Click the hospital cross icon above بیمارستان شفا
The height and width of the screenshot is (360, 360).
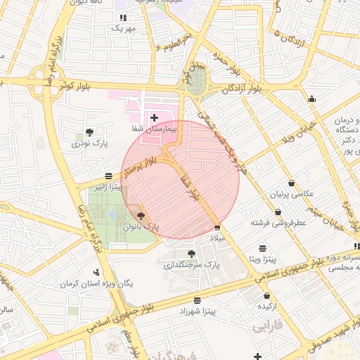pos(154,116)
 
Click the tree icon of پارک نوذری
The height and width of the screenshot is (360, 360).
pos(89,131)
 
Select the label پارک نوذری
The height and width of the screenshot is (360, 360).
pos(90,143)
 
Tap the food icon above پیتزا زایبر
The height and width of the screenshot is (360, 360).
pos(107,176)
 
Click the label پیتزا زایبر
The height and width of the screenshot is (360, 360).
pos(110,188)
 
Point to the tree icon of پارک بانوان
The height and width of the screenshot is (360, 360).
pos(141,216)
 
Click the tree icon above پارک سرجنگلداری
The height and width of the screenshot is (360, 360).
pos(191,253)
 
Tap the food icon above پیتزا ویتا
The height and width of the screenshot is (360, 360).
pos(262,248)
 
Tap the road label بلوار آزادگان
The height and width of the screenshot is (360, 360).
pos(242,89)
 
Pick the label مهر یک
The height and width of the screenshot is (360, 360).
pos(122,29)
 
